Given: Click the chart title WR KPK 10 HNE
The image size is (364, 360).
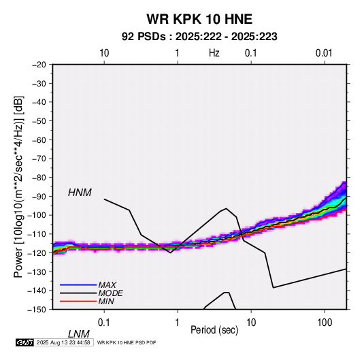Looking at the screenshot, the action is pos(199,19).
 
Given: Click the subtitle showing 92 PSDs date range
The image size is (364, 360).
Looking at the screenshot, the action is pos(199,37).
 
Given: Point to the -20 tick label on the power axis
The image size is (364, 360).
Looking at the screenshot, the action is pos(39,65).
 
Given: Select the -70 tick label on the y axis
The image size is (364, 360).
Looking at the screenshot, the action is pos(39,159).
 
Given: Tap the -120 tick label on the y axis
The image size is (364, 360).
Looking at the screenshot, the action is pos(37,252).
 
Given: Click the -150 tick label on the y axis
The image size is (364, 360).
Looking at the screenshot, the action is pos(37,310).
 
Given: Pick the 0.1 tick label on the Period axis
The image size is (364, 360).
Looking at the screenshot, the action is pos(104,323).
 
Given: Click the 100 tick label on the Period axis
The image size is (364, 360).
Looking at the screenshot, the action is pos(325,323).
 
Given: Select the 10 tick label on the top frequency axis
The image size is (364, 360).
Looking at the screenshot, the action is pos(104,53).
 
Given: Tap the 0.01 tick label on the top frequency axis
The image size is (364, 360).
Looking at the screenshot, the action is pos(324,53).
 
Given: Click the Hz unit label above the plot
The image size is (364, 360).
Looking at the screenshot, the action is pos(214,53).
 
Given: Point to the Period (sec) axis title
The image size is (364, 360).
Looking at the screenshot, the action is pos(214,330).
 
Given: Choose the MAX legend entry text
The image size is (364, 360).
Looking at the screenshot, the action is pos(107,284).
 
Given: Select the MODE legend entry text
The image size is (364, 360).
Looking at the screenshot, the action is pos(110,293).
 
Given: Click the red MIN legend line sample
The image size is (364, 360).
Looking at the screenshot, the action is pos(78,301).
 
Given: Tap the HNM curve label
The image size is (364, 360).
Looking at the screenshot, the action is pos(80,193).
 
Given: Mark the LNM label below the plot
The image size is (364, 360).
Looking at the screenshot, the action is pos(79,334).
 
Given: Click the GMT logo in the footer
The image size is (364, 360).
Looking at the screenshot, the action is pos(24,342).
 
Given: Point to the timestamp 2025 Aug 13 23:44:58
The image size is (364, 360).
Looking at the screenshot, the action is pos(63,342).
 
